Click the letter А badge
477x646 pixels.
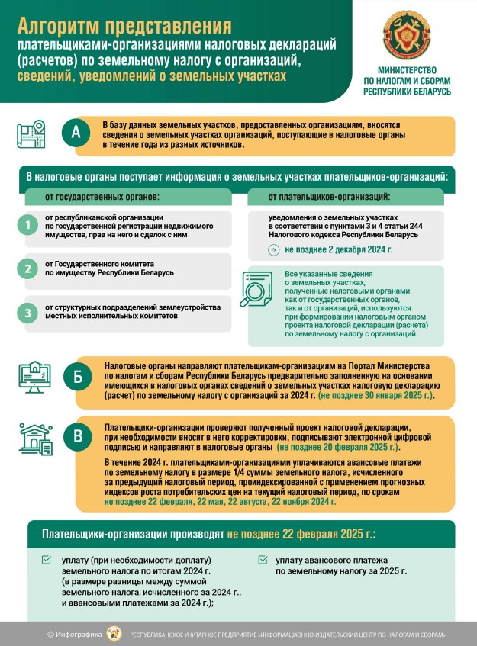point(76,133)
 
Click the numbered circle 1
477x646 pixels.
point(28,225)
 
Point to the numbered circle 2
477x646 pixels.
point(28,268)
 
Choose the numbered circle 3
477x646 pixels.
point(28,312)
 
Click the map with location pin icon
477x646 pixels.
point(31,133)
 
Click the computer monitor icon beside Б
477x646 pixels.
point(34,377)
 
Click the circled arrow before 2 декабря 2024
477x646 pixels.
point(273,249)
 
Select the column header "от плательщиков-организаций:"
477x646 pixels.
point(329,197)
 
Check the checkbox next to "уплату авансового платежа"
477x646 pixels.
point(263,560)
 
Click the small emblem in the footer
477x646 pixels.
point(114,633)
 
